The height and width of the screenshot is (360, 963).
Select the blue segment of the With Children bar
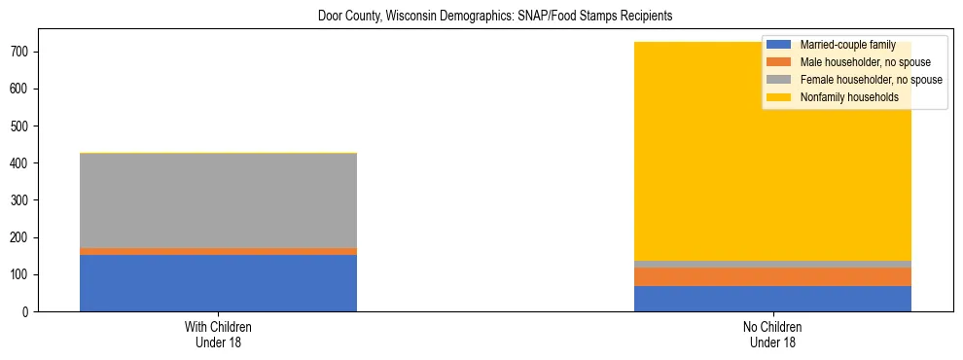(x=218, y=283)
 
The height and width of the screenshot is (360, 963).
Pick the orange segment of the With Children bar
(x=218, y=251)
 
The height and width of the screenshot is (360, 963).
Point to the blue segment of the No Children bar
(x=772, y=299)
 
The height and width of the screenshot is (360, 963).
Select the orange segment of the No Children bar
(x=772, y=276)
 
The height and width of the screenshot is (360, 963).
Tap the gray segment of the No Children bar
(x=772, y=264)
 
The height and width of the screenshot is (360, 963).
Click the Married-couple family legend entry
(x=847, y=45)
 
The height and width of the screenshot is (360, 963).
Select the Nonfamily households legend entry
(x=842, y=97)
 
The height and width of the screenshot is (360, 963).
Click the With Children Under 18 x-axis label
(x=218, y=334)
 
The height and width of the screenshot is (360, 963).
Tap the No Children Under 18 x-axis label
(x=772, y=334)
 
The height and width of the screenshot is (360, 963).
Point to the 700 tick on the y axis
(x=26, y=52)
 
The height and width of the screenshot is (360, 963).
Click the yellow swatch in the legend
(x=779, y=97)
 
